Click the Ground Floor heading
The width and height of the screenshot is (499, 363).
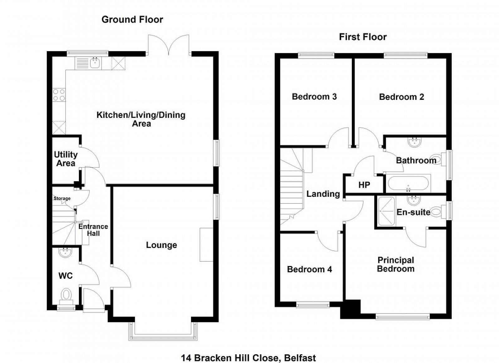pos(132,20)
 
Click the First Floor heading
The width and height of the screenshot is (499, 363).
pos(363,37)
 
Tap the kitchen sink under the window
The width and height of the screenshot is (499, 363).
pos(95,64)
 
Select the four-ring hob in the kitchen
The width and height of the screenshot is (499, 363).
pos(59,95)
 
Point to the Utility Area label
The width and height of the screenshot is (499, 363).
pos(65,159)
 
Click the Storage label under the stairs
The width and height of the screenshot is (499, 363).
pos(62,198)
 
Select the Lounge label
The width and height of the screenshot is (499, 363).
pos(161,245)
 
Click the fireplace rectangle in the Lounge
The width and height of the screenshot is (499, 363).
pos(206,244)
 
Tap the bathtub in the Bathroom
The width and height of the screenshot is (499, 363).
pos(408,184)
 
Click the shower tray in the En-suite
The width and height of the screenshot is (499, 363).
pos(386,211)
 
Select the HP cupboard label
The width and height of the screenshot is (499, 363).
pos(364,185)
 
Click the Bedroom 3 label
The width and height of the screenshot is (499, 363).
pos(314,97)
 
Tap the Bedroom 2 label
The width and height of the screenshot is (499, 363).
pos(401,97)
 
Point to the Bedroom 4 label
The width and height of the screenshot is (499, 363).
pos(309,269)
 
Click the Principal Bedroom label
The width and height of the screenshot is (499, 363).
pos(396,264)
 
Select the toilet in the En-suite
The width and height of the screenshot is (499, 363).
pos(437,212)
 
